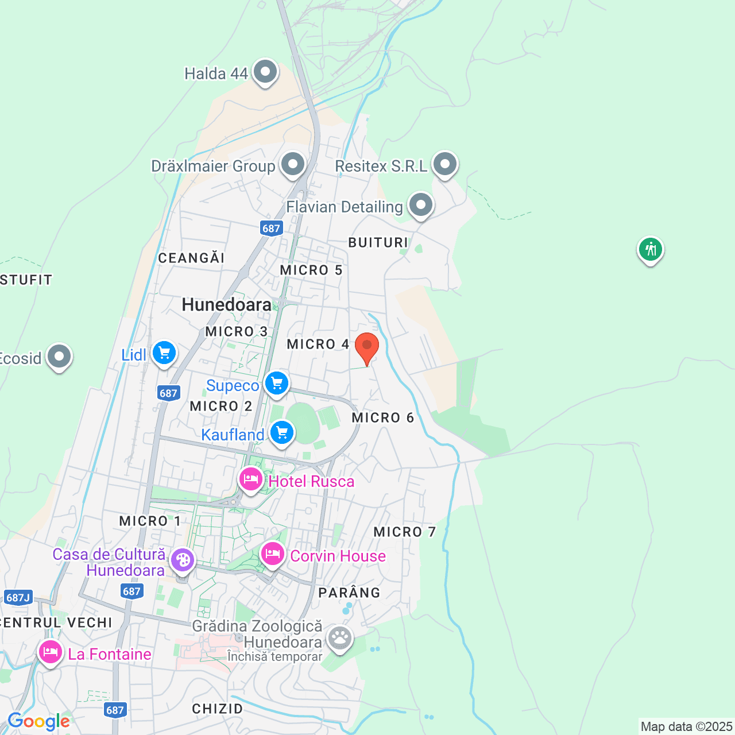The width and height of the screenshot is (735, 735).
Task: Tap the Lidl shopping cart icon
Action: tap(164, 353)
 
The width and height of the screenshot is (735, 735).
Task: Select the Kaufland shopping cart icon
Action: tap(281, 433)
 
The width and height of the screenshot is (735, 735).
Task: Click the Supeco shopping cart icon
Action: tap(277, 382)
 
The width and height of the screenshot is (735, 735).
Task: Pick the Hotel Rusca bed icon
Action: tap(251, 479)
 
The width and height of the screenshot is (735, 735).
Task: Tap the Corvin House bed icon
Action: tap(273, 554)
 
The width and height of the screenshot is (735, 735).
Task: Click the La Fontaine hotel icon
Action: tap(51, 652)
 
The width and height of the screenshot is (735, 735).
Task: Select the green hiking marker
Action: tap(650, 250)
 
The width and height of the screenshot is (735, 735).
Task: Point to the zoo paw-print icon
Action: tap(340, 637)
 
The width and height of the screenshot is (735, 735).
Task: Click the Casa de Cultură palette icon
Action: tap(183, 560)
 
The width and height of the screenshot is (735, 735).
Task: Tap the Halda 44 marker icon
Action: tap(265, 72)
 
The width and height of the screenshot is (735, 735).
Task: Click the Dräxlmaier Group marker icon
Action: tap(293, 165)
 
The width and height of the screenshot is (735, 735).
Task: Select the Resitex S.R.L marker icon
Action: tap(445, 165)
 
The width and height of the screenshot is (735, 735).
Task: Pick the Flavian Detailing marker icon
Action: tap(421, 205)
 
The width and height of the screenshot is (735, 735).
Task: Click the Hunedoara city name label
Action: tap(227, 305)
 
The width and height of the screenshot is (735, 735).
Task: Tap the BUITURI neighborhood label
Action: tap(378, 242)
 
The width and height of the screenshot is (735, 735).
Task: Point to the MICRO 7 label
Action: tap(404, 532)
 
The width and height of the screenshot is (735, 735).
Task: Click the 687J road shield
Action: tap(18, 598)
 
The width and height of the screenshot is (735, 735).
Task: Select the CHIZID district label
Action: tap(217, 709)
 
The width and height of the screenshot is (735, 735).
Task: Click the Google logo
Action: tap(38, 722)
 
